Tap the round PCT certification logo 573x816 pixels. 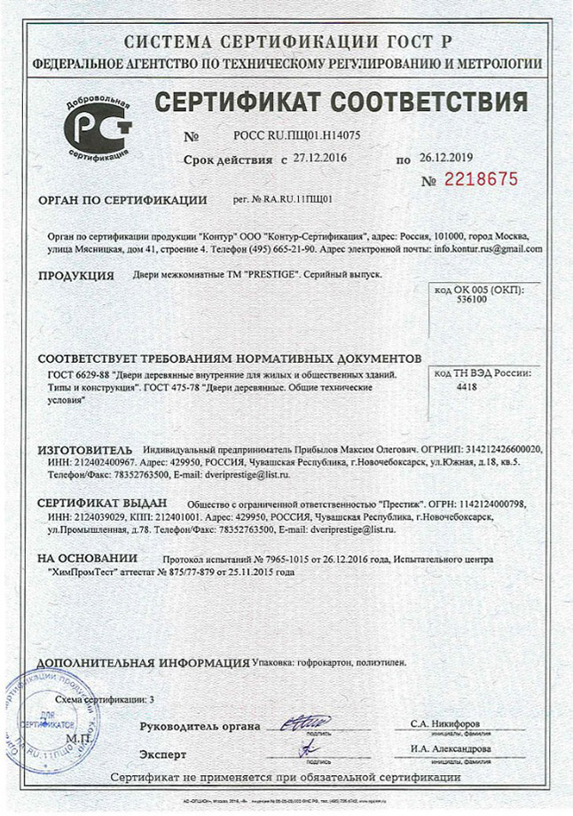[x=95, y=127]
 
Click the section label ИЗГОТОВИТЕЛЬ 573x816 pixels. [x=84, y=449]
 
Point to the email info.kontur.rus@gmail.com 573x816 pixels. [x=494, y=250]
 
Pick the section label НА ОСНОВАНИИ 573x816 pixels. [x=87, y=559]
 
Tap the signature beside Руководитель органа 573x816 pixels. [x=305, y=725]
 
